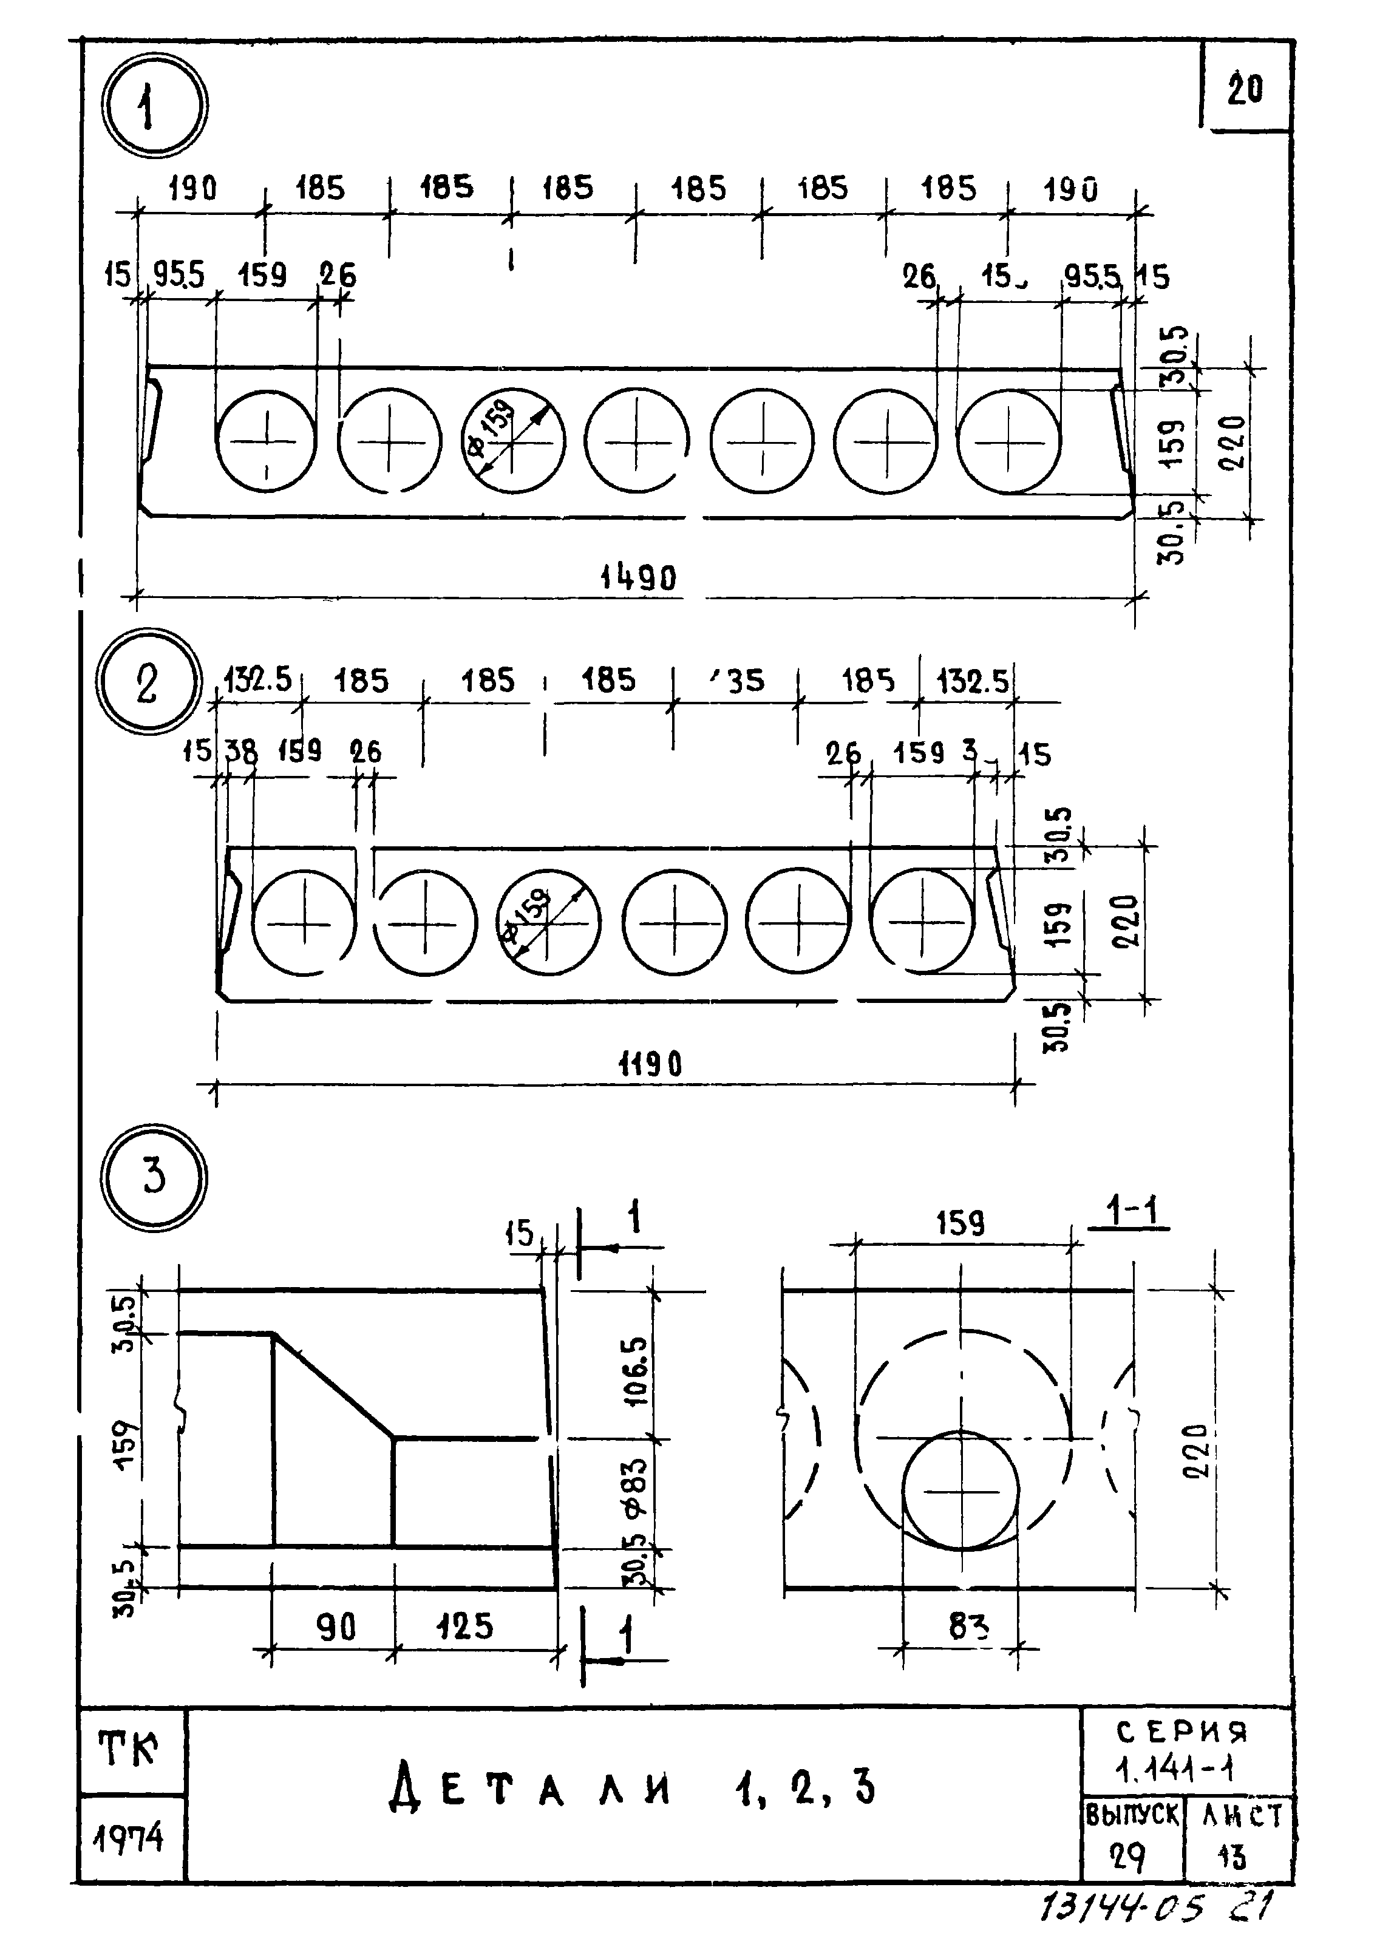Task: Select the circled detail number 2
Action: [148, 682]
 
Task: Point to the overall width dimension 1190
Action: [650, 1063]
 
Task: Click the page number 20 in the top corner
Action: [1244, 88]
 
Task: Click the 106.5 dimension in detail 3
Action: [637, 1371]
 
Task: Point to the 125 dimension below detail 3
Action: [464, 1626]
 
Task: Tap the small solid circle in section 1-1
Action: [960, 1490]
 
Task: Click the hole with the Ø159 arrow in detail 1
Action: [512, 441]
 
